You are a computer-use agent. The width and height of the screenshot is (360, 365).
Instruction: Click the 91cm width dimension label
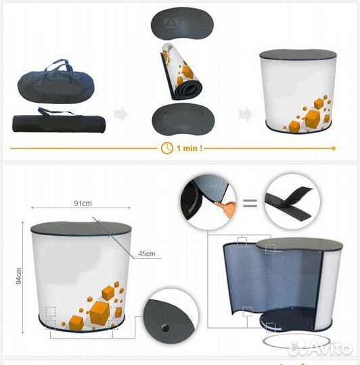click(x=83, y=203)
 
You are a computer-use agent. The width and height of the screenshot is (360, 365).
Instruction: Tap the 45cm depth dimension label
click(x=147, y=253)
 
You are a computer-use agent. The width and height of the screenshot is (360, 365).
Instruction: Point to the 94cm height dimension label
click(x=19, y=276)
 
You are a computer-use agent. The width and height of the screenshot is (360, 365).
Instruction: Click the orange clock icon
click(x=167, y=148)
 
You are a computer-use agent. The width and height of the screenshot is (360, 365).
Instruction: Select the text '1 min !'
click(x=189, y=148)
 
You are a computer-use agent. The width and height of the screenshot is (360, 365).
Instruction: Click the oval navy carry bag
click(x=55, y=82)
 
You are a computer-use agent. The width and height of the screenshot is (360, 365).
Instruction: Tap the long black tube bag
click(x=59, y=121)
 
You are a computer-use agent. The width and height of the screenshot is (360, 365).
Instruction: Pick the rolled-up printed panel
click(x=181, y=72)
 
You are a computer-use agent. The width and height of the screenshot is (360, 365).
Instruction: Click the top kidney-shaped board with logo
click(x=182, y=24)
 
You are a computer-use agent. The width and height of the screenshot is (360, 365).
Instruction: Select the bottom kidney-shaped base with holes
click(x=183, y=120)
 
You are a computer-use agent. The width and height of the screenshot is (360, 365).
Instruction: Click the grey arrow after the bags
click(x=121, y=114)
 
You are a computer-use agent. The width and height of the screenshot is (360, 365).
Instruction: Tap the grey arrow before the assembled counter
click(x=246, y=114)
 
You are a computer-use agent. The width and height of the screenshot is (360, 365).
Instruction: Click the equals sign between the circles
click(x=250, y=203)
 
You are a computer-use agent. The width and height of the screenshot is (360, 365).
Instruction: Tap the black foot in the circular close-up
click(x=165, y=328)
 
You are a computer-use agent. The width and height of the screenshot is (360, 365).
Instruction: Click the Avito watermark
click(x=321, y=348)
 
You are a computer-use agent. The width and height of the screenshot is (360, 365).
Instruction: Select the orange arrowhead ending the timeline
click(x=334, y=148)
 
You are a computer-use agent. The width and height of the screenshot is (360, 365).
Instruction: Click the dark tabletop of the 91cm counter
click(x=81, y=228)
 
